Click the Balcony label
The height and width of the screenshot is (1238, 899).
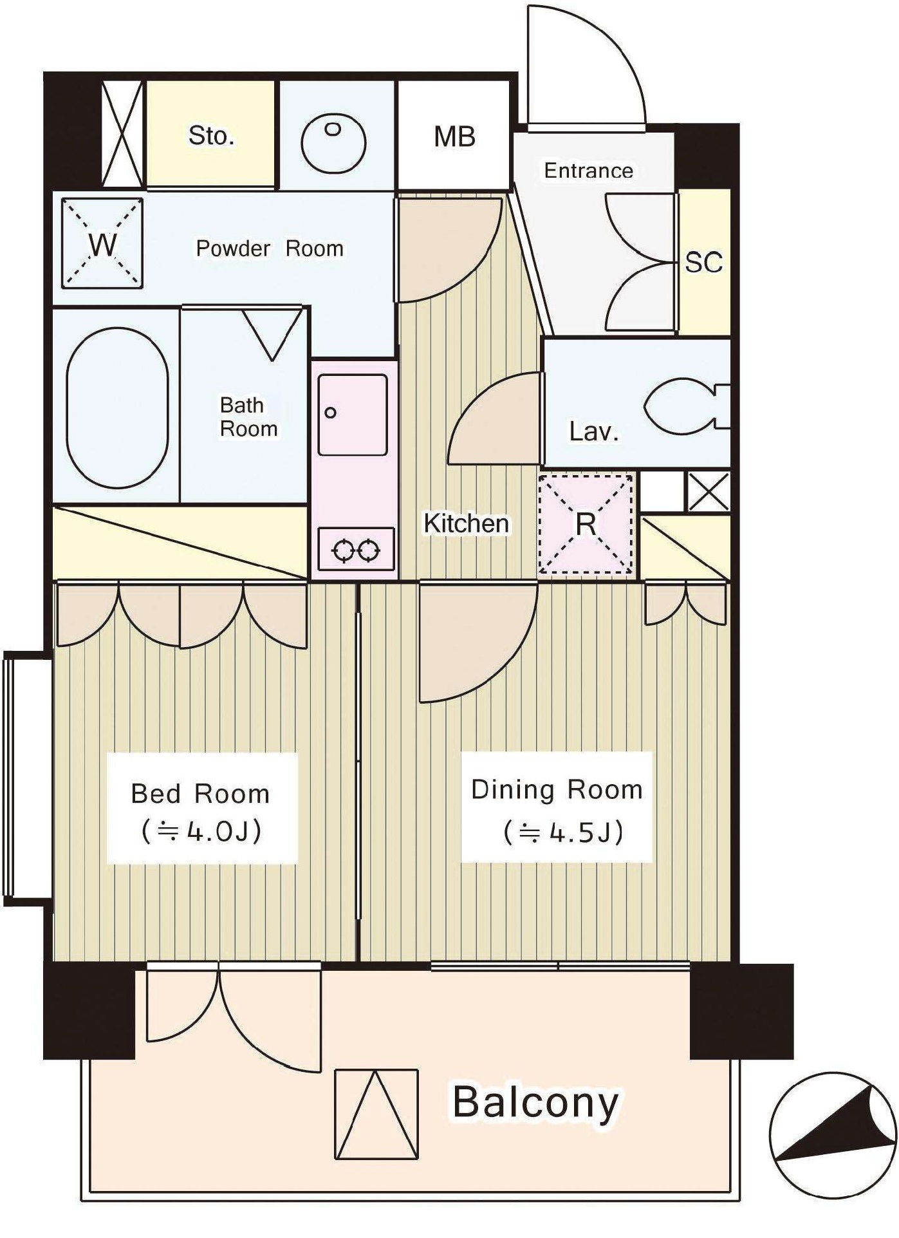click(535, 1103)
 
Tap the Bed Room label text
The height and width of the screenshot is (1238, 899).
click(200, 794)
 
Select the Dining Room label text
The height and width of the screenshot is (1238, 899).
click(557, 789)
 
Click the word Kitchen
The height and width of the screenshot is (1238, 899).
click(466, 523)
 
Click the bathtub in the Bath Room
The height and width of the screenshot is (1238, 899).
click(117, 407)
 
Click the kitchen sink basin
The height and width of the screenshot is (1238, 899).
click(353, 415)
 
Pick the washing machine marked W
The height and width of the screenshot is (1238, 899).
click(102, 243)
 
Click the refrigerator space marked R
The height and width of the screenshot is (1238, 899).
click(586, 523)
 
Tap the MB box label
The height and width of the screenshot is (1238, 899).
click(454, 136)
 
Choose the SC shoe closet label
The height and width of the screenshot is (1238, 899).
click(703, 262)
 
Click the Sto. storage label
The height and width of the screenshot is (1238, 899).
click(211, 136)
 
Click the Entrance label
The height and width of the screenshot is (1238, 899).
click(588, 171)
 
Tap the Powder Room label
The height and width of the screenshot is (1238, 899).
click(270, 249)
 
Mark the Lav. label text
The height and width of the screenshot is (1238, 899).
click(593, 431)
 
